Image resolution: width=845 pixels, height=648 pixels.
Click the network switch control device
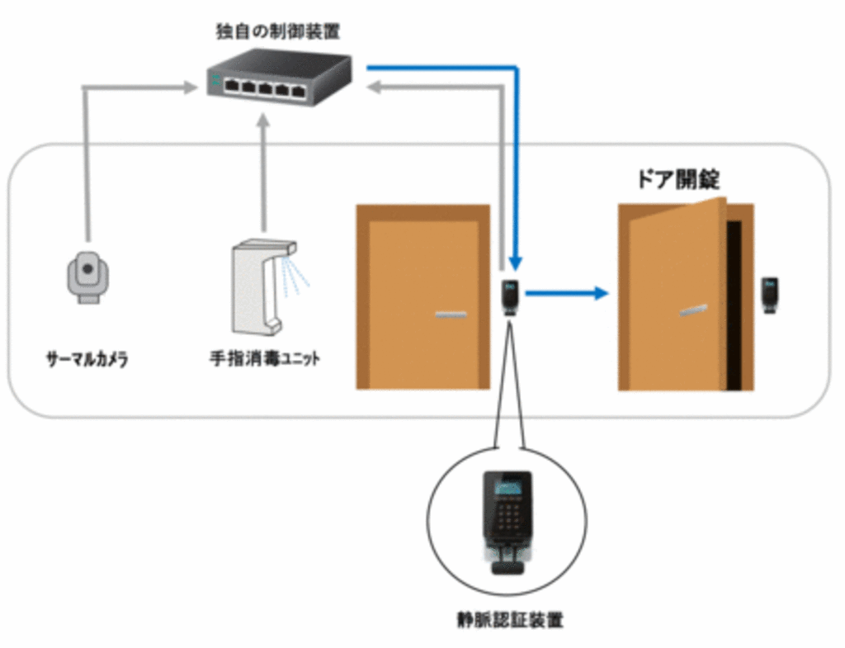point(279,75)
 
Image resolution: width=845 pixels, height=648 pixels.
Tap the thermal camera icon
point(87,274)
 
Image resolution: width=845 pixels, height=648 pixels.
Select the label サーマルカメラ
point(87,359)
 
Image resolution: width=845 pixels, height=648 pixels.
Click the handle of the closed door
point(450,315)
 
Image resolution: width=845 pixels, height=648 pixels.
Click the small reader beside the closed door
point(512,297)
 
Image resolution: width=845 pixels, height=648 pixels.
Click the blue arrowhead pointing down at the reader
point(516,263)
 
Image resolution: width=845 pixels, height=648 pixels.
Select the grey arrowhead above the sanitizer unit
point(264,121)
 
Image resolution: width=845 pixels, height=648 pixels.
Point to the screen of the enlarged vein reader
point(507,487)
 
